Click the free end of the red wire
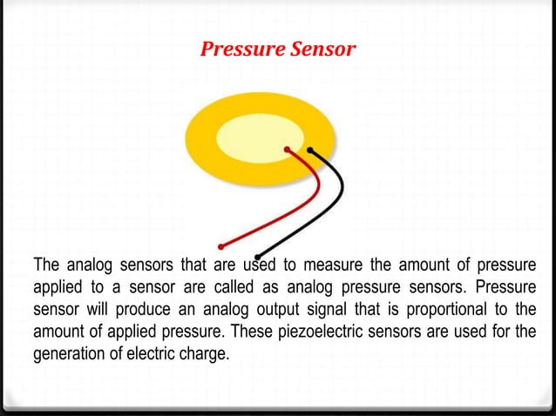[x=221, y=245]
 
